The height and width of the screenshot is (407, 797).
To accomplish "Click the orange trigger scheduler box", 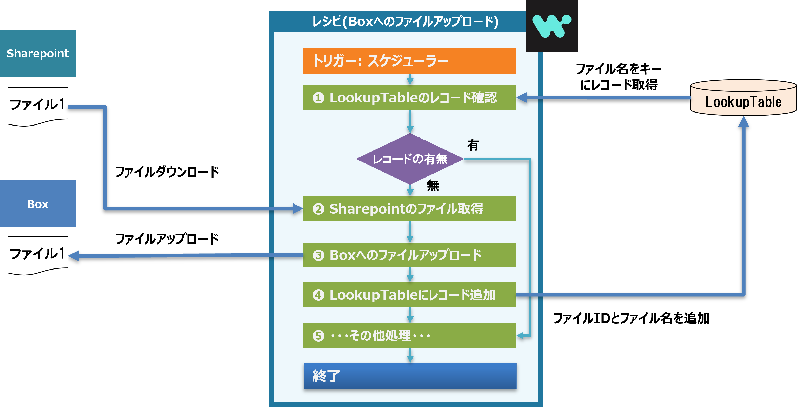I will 409,60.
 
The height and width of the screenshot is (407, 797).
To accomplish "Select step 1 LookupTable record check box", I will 409,97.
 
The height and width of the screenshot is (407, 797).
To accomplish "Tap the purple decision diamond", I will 410,159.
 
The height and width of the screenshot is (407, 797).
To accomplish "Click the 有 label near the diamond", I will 473,145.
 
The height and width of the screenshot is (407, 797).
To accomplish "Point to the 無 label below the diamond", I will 433,185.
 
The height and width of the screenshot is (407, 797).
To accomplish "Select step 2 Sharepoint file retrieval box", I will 409,209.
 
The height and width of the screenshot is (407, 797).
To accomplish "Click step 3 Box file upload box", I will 409,255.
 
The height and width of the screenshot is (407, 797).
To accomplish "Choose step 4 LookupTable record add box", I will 409,295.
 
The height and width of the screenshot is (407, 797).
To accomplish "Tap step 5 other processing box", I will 409,336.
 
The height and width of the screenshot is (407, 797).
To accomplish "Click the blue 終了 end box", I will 410,376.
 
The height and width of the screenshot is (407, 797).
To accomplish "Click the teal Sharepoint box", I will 38,53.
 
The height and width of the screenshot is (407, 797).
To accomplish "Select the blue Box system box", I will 38,204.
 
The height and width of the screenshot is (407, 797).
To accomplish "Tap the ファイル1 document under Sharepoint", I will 38,105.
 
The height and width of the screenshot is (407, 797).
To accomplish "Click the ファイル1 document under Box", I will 38,255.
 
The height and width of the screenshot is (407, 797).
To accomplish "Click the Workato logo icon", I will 552,26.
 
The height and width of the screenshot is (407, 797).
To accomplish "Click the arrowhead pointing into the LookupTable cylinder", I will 743,122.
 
